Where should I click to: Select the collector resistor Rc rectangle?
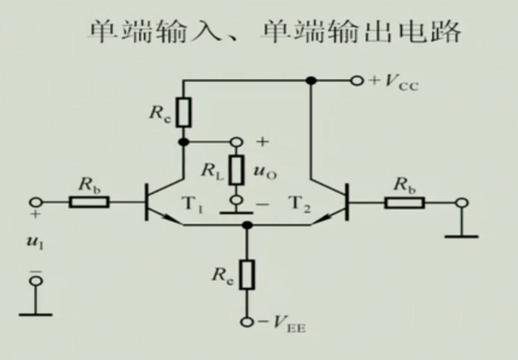coord(184,113)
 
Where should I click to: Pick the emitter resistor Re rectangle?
coord(246,274)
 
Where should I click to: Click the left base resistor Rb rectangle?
coord(89,202)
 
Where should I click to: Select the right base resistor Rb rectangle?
coord(404,202)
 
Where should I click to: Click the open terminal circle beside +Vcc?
coord(358,80)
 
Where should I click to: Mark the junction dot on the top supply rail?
coord(310,80)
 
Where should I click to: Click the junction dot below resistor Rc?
coord(184,142)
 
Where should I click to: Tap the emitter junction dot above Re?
coord(246,225)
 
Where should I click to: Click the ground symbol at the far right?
coord(461,236)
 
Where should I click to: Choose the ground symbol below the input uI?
coord(35,313)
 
